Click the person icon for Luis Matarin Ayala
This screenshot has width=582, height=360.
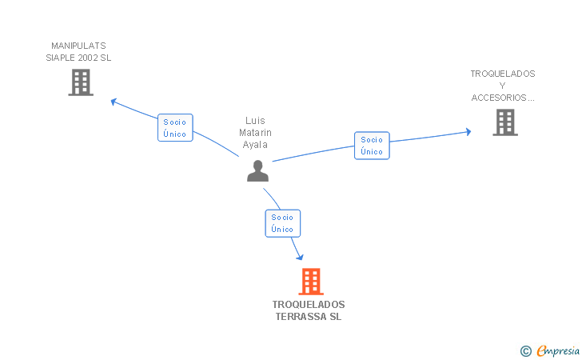click(257, 171)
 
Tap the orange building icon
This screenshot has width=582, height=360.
click(310, 282)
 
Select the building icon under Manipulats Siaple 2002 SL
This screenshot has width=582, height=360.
click(81, 82)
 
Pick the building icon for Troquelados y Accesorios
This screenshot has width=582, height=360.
click(504, 122)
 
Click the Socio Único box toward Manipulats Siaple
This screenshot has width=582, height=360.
click(175, 128)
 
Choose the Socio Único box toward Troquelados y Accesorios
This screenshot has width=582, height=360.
click(372, 146)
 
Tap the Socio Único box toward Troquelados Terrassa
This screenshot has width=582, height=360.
click(282, 223)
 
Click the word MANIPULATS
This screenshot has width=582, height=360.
click(78, 46)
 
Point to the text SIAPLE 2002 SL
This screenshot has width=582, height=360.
click(78, 58)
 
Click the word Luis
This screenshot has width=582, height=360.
click(256, 121)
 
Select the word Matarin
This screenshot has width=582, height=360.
click(256, 133)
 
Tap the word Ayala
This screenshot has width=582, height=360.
click(256, 145)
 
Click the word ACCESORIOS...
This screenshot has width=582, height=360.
click(502, 98)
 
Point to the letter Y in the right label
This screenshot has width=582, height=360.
click(502, 86)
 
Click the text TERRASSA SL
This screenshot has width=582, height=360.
click(309, 317)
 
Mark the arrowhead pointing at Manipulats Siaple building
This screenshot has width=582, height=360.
click(114, 101)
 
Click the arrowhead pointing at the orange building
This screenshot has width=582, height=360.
click(300, 256)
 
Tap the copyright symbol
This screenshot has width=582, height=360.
click(525, 350)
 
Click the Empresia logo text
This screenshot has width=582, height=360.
click(558, 350)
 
